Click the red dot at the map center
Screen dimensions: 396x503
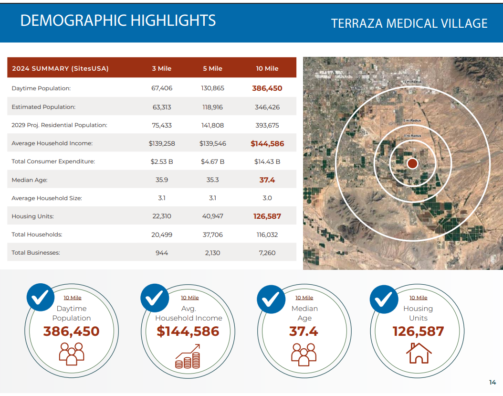pyautogui.click(x=412, y=163)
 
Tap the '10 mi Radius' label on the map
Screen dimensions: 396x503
pyautogui.click(x=412, y=82)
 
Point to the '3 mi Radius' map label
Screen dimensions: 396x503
pyautogui.click(x=412, y=136)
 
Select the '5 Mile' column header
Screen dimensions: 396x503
pyautogui.click(x=212, y=68)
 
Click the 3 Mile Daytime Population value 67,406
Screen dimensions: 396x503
pyautogui.click(x=162, y=88)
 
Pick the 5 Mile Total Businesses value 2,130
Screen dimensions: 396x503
pyautogui.click(x=212, y=253)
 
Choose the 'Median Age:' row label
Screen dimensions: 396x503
pyautogui.click(x=30, y=180)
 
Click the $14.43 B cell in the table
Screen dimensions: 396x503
pyautogui.click(x=267, y=161)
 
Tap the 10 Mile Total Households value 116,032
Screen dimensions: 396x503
pyautogui.click(x=267, y=235)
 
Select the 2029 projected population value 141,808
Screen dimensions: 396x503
pyautogui.click(x=212, y=125)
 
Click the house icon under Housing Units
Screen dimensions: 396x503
pyautogui.click(x=419, y=353)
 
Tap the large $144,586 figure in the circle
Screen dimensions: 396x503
pyautogui.click(x=188, y=331)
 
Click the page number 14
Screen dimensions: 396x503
pyautogui.click(x=493, y=382)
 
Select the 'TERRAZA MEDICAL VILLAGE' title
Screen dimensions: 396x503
pyautogui.click(x=409, y=23)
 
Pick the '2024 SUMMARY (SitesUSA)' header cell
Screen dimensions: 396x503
pyautogui.click(x=60, y=68)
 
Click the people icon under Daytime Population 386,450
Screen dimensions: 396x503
pyautogui.click(x=72, y=354)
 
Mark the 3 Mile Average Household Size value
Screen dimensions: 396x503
pyautogui.click(x=162, y=198)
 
